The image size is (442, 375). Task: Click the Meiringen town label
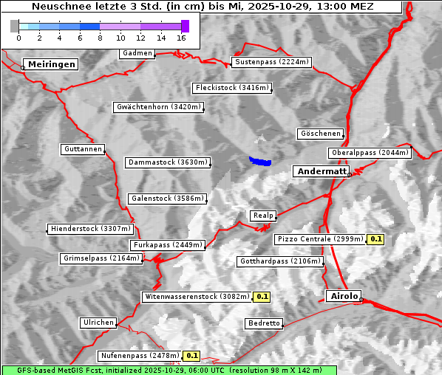tap(50, 64)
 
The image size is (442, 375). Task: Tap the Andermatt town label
tap(321, 171)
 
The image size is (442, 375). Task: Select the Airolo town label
tap(344, 296)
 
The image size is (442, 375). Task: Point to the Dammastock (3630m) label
tap(168, 162)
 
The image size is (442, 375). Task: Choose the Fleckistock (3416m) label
tap(231, 88)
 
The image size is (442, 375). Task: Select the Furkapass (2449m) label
tap(167, 245)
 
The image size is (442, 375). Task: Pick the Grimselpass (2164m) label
tap(101, 258)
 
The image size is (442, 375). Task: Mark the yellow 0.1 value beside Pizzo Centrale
tap(376, 239)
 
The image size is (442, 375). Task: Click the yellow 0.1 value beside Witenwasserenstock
tap(262, 297)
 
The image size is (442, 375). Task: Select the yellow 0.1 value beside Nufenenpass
tap(192, 356)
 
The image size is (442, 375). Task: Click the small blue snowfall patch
tap(259, 161)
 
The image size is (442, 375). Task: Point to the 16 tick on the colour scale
tap(182, 37)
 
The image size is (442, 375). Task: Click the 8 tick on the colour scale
tap(100, 37)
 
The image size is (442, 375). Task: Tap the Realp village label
tap(263, 216)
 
